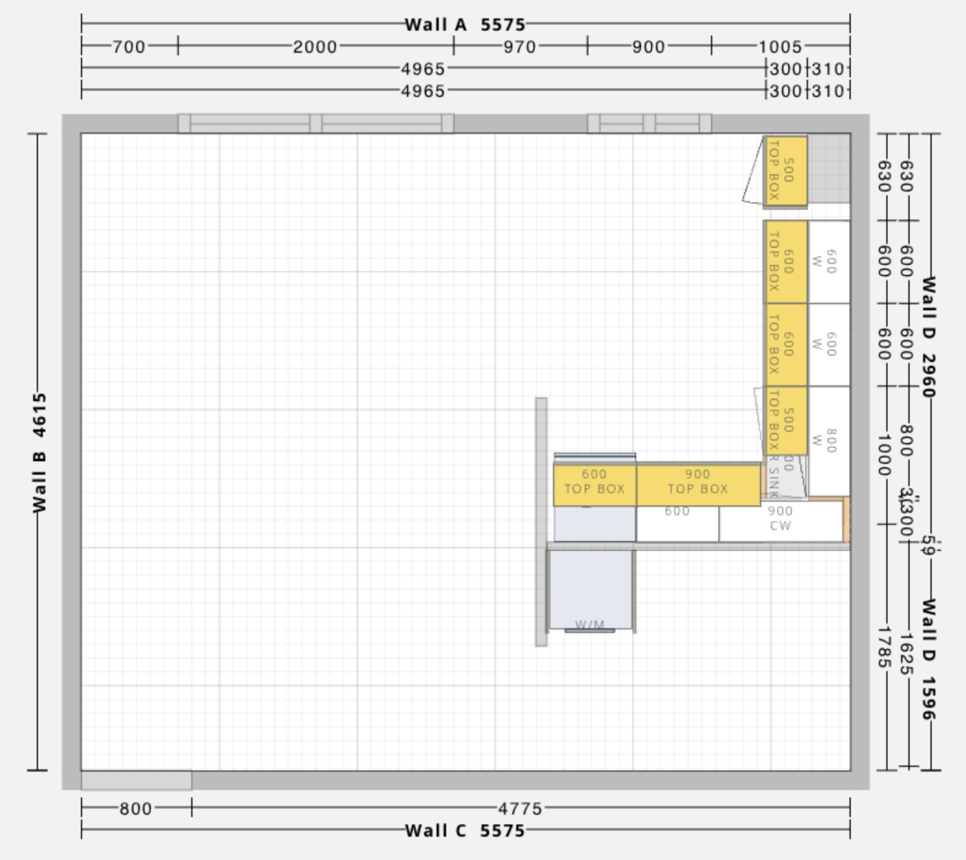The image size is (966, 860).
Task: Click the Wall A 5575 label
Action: [465, 25]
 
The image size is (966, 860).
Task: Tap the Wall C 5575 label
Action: [465, 831]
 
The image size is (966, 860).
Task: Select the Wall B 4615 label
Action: [39, 453]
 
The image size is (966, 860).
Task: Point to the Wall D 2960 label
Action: [929, 336]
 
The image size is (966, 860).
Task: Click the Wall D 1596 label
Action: [929, 659]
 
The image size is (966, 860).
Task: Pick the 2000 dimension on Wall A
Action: [314, 47]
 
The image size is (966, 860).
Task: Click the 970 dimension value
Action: [520, 47]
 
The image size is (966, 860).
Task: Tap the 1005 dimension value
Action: [780, 47]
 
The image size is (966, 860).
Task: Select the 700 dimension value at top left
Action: [129, 47]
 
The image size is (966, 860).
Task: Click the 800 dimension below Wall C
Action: [135, 808]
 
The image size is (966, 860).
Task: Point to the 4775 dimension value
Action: [520, 808]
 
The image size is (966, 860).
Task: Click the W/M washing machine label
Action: [590, 624]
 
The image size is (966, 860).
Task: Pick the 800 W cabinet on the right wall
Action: [829, 440]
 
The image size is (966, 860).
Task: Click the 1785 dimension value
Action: [883, 647]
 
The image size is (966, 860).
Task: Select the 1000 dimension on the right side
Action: [883, 455]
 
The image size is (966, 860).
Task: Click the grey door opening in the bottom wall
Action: [136, 780]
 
